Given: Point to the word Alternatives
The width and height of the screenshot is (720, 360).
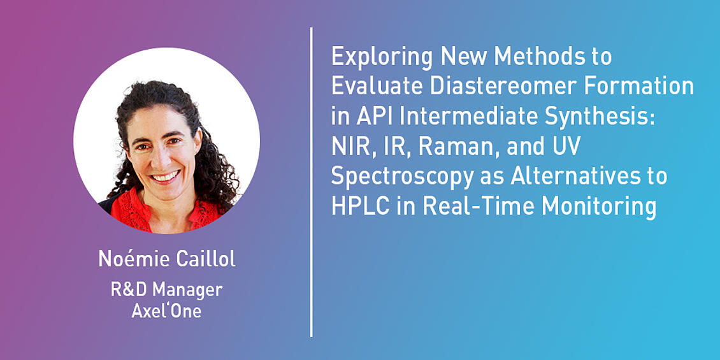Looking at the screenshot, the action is point(575,176).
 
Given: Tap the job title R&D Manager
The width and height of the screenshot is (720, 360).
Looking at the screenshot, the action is point(167,290).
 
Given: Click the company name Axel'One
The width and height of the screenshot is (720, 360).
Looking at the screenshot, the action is point(167,311).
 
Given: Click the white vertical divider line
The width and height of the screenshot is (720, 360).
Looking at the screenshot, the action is point(312,182).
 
